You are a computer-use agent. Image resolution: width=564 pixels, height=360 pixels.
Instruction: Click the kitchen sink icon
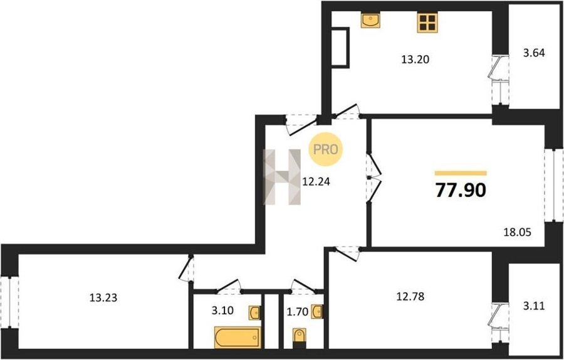370,20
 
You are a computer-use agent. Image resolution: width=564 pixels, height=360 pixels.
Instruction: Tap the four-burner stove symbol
427,23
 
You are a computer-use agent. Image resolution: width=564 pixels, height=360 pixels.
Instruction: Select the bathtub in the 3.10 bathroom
238,337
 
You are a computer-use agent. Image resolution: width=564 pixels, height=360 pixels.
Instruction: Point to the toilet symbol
300,338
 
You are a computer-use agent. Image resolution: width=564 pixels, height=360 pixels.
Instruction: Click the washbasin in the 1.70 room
317,312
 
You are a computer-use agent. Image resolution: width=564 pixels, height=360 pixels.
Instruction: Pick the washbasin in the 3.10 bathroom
254,312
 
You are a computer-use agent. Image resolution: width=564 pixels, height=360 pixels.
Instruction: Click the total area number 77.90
461,190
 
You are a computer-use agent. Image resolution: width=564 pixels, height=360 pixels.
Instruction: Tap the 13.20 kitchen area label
415,60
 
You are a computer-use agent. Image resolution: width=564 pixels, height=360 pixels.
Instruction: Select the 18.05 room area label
517,232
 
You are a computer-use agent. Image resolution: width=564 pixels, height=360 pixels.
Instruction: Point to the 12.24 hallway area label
316,182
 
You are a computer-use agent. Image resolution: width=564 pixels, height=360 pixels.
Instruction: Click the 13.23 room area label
103,298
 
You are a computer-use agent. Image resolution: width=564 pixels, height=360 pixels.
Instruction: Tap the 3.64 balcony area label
534,53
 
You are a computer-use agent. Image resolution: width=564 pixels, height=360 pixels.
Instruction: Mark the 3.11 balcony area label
534,306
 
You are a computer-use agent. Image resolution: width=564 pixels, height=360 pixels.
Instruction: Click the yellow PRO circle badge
326,149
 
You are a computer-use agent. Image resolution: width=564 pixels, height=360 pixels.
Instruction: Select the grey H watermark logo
282,177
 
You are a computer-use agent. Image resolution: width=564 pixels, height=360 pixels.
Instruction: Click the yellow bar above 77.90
461,173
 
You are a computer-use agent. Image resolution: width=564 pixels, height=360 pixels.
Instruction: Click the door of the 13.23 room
187,268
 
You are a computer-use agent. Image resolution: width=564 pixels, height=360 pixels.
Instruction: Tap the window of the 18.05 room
553,184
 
